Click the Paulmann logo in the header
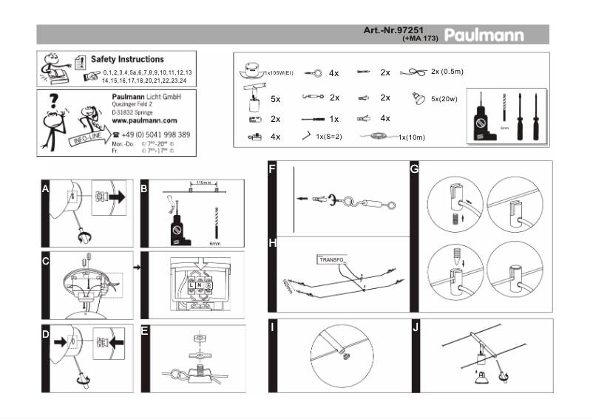(x=484, y=35)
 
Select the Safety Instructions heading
(x=127, y=59)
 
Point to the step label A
(x=45, y=190)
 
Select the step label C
(x=46, y=260)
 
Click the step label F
(x=273, y=169)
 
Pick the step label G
(x=414, y=169)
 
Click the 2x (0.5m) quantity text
(x=447, y=72)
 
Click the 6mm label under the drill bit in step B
(x=215, y=243)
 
